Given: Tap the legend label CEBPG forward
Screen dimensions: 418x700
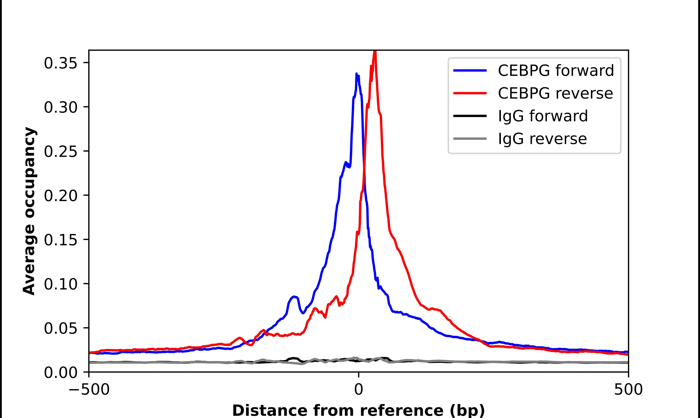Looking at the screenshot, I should (x=556, y=70).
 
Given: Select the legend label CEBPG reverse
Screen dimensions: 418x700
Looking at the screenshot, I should (x=555, y=93).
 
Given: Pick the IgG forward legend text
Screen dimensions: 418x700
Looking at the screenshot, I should (x=543, y=116).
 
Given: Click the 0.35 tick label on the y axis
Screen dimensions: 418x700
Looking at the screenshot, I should (x=61, y=63).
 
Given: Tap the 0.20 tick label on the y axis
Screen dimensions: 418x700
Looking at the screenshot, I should (x=61, y=196).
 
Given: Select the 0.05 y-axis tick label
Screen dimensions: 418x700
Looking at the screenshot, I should (x=61, y=328).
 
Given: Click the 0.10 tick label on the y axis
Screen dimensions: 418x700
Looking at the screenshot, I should (x=61, y=284).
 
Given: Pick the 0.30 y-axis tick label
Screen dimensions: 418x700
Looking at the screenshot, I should (x=61, y=108).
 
